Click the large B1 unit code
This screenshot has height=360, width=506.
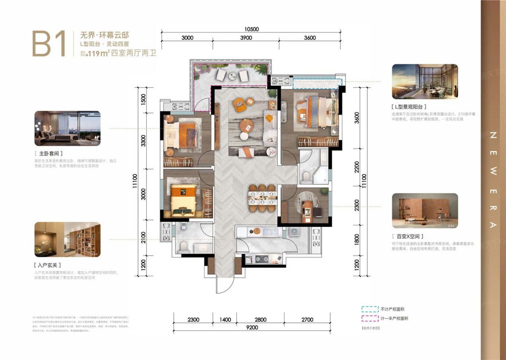[49, 44]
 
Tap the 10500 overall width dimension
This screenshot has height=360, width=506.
[251, 29]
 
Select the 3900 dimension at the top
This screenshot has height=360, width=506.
[246, 38]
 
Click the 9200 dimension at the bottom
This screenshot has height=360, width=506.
[252, 327]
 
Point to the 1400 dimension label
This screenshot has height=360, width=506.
[225, 320]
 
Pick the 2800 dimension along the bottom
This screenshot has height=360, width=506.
[260, 320]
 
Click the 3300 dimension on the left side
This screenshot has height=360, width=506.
[144, 141]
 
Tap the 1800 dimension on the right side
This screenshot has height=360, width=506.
[357, 239]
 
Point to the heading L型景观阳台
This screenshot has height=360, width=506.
[409, 107]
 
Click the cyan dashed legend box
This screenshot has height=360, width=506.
[370, 309]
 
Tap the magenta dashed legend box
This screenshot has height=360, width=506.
[370, 318]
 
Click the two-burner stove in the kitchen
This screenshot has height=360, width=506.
[262, 259]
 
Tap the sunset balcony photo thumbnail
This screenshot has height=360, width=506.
[425, 82]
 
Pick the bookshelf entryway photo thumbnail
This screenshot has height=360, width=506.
[67, 240]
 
